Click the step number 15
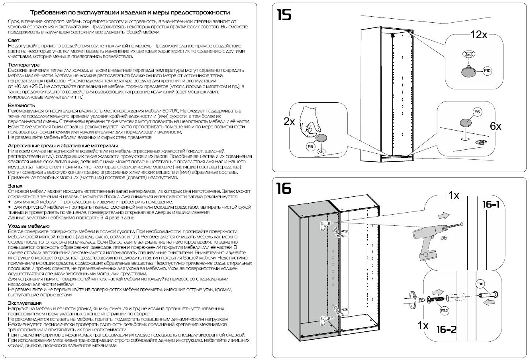click(x=284, y=15)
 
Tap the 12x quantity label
click(x=478, y=35)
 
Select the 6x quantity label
click(x=495, y=127)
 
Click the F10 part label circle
click(x=488, y=71)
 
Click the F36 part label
click(x=480, y=284)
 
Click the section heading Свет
click(x=14, y=40)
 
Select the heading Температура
click(x=24, y=65)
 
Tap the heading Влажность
click(x=21, y=105)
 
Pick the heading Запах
click(x=16, y=186)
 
